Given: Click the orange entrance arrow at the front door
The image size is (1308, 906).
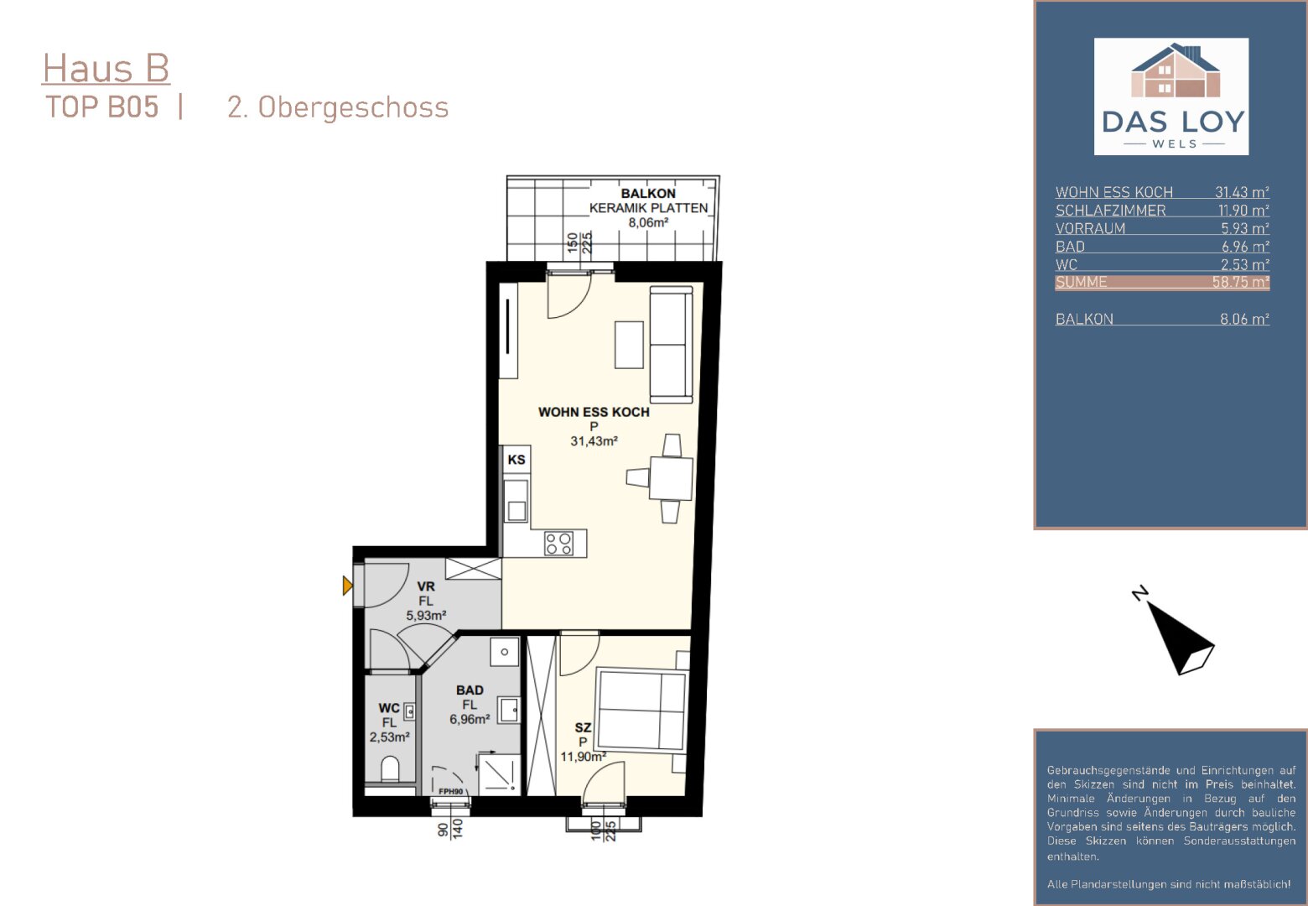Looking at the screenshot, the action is pyautogui.click(x=347, y=586).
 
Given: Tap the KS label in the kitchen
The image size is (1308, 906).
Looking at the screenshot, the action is pyautogui.click(x=516, y=460).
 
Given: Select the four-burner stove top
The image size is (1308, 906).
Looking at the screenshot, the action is pyautogui.click(x=558, y=544).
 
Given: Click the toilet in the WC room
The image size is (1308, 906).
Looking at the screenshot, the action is pyautogui.click(x=390, y=769).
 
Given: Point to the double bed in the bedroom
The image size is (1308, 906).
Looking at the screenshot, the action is pyautogui.click(x=641, y=710).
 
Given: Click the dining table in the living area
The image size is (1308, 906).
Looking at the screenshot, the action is pyautogui.click(x=671, y=478).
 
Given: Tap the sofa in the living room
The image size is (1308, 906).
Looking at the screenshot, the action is pyautogui.click(x=672, y=344).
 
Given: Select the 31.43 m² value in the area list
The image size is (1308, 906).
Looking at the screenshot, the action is pyautogui.click(x=1242, y=192).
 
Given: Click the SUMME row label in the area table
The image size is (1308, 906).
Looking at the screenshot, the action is pyautogui.click(x=1081, y=282).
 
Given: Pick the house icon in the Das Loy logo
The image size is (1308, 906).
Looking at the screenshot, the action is pyautogui.click(x=1175, y=71).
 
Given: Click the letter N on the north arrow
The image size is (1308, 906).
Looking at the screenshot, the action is pyautogui.click(x=1139, y=593).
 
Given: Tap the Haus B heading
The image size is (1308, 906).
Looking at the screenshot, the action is pyautogui.click(x=106, y=68).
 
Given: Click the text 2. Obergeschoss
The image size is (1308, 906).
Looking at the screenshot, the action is pyautogui.click(x=338, y=107).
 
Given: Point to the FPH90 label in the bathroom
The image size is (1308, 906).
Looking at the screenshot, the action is pyautogui.click(x=450, y=792).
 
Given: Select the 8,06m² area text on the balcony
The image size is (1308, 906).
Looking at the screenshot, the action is pyautogui.click(x=648, y=222).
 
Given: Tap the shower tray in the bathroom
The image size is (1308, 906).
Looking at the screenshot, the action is pyautogui.click(x=499, y=773).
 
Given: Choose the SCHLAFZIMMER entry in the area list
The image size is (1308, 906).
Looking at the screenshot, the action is pyautogui.click(x=1110, y=211).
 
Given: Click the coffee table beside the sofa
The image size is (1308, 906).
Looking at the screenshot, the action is pyautogui.click(x=629, y=345).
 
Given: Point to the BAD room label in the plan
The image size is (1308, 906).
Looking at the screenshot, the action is pyautogui.click(x=470, y=690).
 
